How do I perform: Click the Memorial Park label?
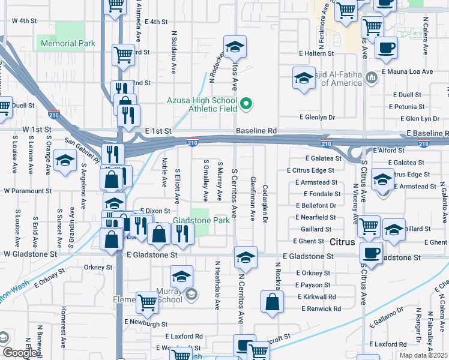pos(66,43)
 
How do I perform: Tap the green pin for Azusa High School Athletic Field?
pos(245,105)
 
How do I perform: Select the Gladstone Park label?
pos(201,221)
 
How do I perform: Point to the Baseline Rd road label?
pos(256,130)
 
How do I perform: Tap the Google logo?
pos(19,353)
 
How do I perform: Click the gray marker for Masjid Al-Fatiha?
pos(372,77)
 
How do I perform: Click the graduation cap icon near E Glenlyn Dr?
pos(304,78)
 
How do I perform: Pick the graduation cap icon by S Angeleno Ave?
pos(65,161)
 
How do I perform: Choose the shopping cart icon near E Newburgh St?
pos(147,302)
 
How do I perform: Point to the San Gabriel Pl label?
pos(82,151)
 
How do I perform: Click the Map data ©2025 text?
pos(424,355)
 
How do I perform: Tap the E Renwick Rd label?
pos(321,308)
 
